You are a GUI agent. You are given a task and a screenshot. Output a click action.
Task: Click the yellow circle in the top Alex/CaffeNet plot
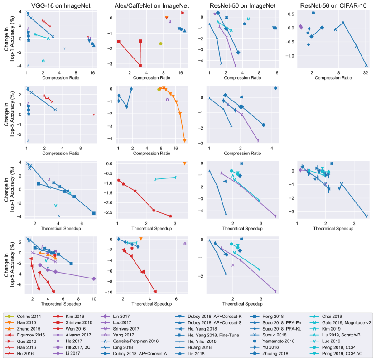pyautogui.click(x=161, y=43)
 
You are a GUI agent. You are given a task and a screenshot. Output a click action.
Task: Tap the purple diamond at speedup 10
pyautogui.click(x=94, y=278)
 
